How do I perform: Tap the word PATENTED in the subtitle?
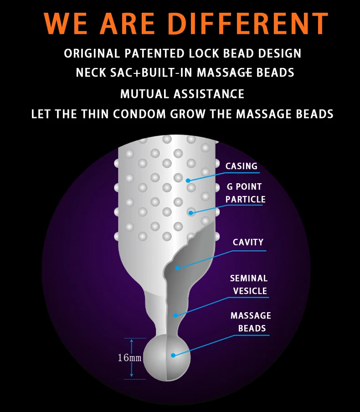(x=154, y=53)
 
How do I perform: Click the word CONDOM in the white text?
(x=139, y=114)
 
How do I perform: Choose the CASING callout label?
(x=242, y=166)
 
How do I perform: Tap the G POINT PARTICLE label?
(x=245, y=193)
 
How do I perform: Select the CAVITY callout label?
(x=248, y=242)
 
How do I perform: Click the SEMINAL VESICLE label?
(x=249, y=284)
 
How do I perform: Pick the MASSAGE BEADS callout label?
(x=251, y=322)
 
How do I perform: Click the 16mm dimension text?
(x=129, y=358)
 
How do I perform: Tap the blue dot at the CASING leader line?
(x=188, y=180)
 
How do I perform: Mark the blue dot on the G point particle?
(x=191, y=212)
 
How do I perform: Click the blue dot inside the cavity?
(x=178, y=268)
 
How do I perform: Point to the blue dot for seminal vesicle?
(x=175, y=315)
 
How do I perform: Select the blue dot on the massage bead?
(x=173, y=355)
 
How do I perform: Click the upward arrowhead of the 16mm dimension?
(x=132, y=341)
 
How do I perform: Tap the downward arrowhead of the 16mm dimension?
(x=132, y=375)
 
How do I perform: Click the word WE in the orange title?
(x=66, y=23)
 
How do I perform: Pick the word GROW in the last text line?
(x=188, y=114)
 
